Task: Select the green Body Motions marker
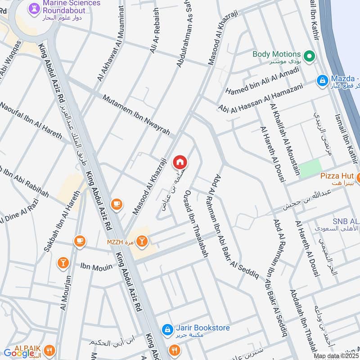click(309, 56)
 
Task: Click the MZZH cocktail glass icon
click(142, 242)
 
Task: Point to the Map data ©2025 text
click(336, 356)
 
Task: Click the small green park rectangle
click(310, 167)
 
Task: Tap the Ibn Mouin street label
click(96, 267)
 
